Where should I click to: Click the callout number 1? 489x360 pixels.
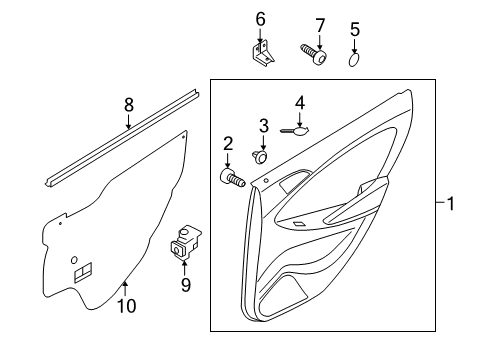[x=450, y=204]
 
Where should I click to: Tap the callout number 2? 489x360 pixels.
[x=228, y=144]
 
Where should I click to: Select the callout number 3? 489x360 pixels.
[x=264, y=126]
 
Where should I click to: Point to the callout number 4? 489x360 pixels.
[x=300, y=103]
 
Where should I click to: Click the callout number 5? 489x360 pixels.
[x=355, y=29]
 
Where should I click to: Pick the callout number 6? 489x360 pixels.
[x=260, y=19]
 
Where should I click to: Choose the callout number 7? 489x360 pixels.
[x=320, y=26]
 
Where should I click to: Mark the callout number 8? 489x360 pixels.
[x=129, y=104]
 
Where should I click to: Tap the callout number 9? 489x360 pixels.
[x=186, y=285]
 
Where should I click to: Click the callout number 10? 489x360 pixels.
[x=127, y=306]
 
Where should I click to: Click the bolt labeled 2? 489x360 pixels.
[x=233, y=178]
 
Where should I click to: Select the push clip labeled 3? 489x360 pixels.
[x=260, y=156]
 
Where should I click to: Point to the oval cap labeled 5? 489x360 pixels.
[x=354, y=59]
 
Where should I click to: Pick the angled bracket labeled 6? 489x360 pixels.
[x=262, y=53]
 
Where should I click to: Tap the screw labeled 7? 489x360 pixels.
[x=313, y=55]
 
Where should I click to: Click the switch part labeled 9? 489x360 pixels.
[x=185, y=242]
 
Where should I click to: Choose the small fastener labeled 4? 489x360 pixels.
[x=294, y=131]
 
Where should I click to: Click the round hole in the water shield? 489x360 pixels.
[x=74, y=260]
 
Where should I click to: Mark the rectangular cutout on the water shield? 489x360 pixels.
[x=83, y=272]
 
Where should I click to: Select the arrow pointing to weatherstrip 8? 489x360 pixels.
[x=128, y=121]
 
